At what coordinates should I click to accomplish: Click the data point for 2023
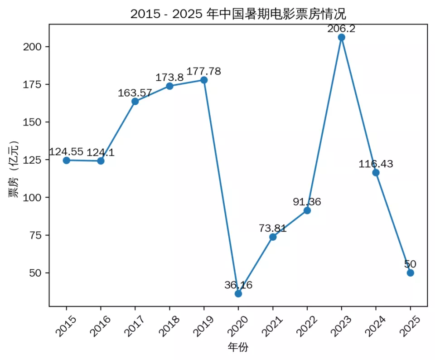click(341, 37)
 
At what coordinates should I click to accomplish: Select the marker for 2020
click(238, 293)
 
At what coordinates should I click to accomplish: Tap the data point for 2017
click(135, 101)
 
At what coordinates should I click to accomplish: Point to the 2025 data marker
click(410, 272)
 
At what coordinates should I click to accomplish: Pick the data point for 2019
click(204, 80)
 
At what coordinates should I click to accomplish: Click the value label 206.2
click(341, 29)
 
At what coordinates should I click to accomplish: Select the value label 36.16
click(238, 285)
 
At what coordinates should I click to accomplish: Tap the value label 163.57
click(135, 93)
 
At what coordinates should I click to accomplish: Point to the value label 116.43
click(376, 164)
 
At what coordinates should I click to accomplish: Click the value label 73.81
click(273, 229)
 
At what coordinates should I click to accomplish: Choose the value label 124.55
click(67, 152)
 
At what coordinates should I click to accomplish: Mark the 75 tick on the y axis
click(36, 235)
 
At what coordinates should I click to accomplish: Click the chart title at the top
click(238, 13)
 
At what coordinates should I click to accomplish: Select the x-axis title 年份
click(238, 348)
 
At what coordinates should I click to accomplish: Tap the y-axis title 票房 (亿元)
click(14, 169)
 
